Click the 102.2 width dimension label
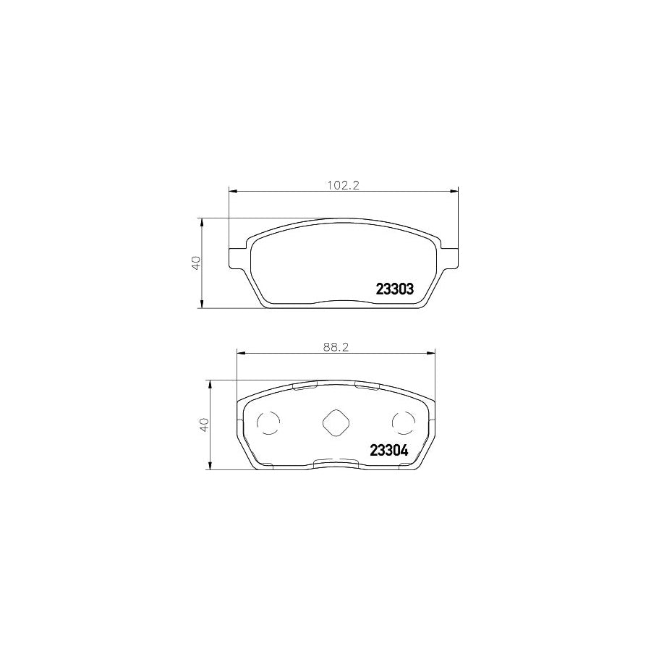[x=344, y=185]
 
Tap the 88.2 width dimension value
[x=336, y=346]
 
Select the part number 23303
[x=394, y=289]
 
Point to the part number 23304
[x=389, y=449]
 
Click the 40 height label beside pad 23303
[x=195, y=263]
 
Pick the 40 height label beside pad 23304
[x=203, y=424]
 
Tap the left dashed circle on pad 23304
[x=269, y=423]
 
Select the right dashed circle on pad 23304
[x=402, y=423]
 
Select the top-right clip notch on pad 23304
[x=367, y=386]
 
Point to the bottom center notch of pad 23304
[x=336, y=461]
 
